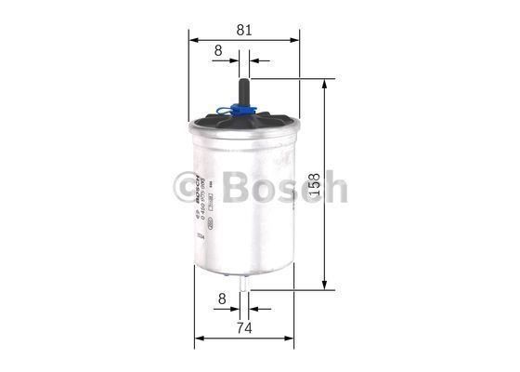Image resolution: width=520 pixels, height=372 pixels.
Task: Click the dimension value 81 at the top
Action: point(244,29)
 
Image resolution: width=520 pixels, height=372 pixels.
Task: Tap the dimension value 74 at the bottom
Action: point(243,326)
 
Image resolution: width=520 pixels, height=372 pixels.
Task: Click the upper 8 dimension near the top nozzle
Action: point(217,52)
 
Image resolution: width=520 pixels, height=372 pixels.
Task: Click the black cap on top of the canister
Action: point(244,123)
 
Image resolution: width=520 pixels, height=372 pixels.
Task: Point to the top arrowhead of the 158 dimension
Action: point(323,84)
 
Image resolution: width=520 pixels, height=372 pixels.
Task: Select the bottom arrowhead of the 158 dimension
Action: point(323,286)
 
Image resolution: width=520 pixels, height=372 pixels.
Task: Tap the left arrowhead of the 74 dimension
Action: point(198,338)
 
